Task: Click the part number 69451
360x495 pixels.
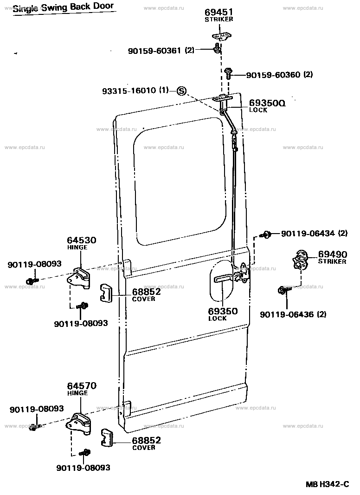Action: coord(219,13)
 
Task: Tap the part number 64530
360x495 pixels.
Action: coord(81,241)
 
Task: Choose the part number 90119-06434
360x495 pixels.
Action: coord(308,233)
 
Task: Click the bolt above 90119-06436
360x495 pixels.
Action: coord(283,290)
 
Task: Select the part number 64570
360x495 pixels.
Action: coord(81,385)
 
